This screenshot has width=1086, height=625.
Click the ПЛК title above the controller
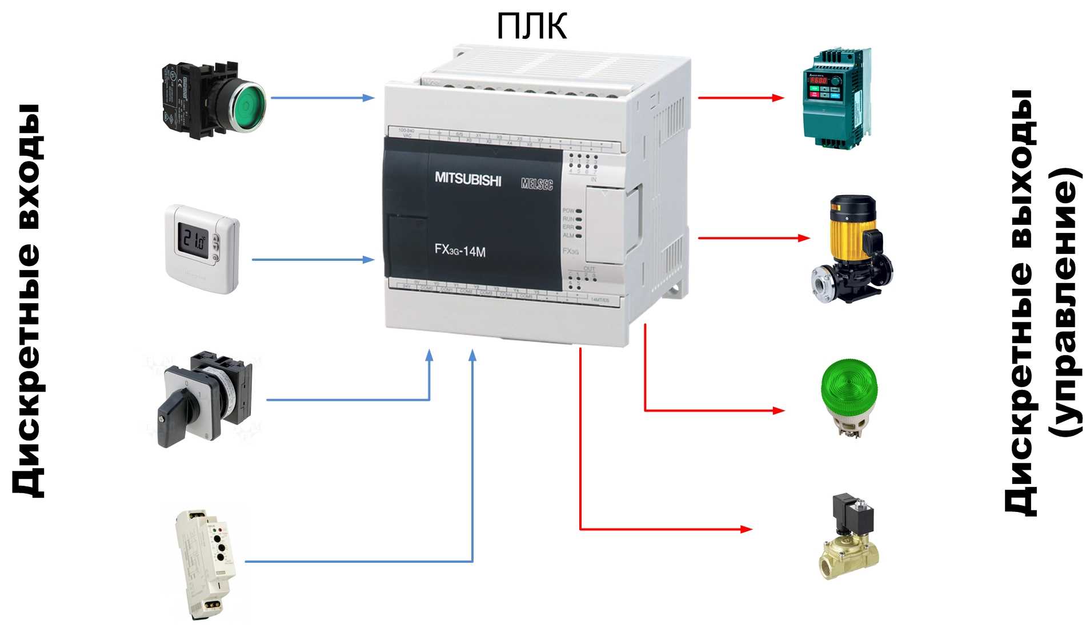tap(532, 26)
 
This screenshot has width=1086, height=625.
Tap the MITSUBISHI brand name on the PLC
tap(468, 179)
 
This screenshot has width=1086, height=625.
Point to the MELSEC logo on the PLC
tap(537, 184)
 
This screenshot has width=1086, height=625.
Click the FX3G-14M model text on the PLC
tap(460, 250)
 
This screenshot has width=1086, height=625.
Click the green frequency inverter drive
tap(835, 98)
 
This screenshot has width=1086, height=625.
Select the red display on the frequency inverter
tap(818, 81)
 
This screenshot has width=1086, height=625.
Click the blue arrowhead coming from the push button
tap(368, 98)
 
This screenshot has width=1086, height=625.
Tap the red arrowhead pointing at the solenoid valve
tap(746, 529)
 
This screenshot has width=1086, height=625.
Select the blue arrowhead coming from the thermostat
tap(368, 260)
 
